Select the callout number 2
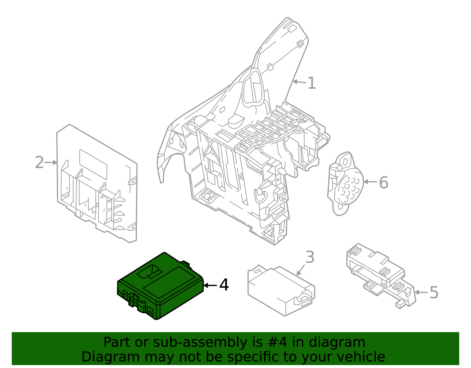click(x=39, y=163)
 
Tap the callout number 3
click(x=310, y=257)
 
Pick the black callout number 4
click(x=224, y=285)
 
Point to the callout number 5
click(x=434, y=293)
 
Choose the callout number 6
click(x=383, y=182)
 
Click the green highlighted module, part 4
click(x=160, y=286)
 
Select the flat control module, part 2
click(x=97, y=183)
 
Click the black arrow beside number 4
click(x=210, y=285)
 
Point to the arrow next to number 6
click(x=370, y=182)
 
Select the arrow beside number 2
click(x=51, y=162)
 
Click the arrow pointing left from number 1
click(x=299, y=82)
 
